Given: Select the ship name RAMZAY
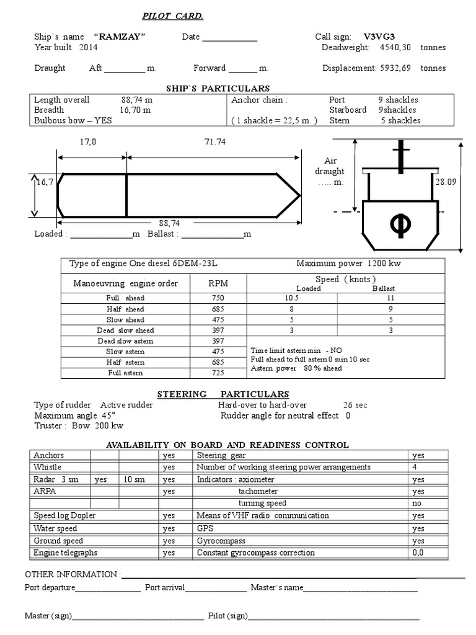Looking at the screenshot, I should pyautogui.click(x=120, y=37).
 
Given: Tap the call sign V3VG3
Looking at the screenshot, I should pyautogui.click(x=379, y=37).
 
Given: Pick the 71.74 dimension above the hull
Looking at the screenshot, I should pyautogui.click(x=214, y=142).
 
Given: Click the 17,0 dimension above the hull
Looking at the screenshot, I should pyautogui.click(x=88, y=142).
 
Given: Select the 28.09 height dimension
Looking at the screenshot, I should pyautogui.click(x=445, y=182).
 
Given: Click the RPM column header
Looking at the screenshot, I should pyautogui.click(x=218, y=283).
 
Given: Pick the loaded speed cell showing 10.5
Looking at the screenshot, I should pyautogui.click(x=291, y=298).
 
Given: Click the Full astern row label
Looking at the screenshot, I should pyautogui.click(x=125, y=373).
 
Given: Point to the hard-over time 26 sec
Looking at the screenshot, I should pyautogui.click(x=355, y=405).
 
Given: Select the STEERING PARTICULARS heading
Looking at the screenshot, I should pyautogui.click(x=223, y=394).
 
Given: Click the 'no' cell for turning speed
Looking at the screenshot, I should pyautogui.click(x=416, y=504).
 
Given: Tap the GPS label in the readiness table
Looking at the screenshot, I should pyautogui.click(x=204, y=528).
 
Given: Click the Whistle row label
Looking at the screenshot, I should pyautogui.click(x=48, y=467).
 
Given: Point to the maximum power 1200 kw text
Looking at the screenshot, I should pyautogui.click(x=348, y=264).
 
